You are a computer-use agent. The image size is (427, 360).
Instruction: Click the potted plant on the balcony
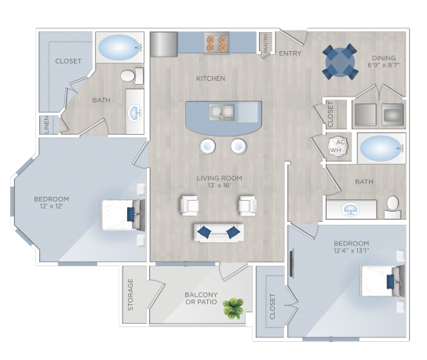click(233, 309)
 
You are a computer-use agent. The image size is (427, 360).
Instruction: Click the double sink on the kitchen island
click(221, 112)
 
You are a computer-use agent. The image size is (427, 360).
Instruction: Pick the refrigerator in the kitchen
click(164, 45)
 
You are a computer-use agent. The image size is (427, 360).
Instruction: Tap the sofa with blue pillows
click(218, 231)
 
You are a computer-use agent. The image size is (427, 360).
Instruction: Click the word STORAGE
click(131, 295)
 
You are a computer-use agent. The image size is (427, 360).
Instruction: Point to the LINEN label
click(46, 125)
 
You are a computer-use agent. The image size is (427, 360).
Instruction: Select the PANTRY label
click(267, 45)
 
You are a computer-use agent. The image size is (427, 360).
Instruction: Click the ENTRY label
click(290, 54)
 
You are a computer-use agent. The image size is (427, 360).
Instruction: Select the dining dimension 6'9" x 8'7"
click(384, 65)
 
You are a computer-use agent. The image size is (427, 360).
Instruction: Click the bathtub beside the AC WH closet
click(379, 147)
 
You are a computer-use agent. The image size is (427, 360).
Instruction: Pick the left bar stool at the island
click(206, 146)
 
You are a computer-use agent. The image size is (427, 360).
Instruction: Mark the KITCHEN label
click(210, 78)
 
